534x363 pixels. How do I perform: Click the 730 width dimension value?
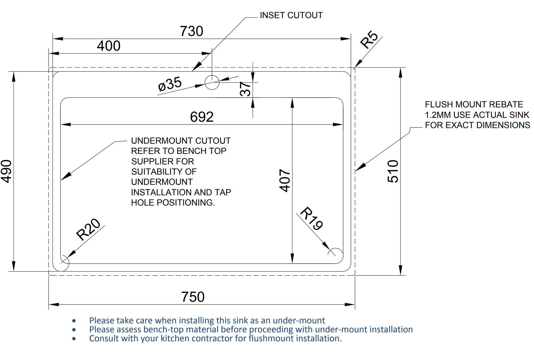point(191,31)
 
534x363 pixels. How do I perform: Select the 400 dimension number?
point(108,46)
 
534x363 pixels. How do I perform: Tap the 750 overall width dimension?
point(193,297)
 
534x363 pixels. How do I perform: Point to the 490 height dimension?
point(6,171)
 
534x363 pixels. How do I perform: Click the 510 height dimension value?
point(393,171)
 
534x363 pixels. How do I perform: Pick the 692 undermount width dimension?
point(202,117)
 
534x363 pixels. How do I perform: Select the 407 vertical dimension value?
point(284,180)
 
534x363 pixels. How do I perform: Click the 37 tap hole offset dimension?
point(245,89)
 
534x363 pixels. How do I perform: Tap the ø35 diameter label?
point(170,84)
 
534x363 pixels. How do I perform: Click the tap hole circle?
point(212,82)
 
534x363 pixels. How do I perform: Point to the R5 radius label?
point(369,39)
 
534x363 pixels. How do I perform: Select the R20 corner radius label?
point(88,229)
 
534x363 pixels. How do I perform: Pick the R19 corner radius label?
point(312,218)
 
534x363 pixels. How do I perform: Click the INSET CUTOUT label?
point(291,15)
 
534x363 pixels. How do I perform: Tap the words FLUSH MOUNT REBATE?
point(474,104)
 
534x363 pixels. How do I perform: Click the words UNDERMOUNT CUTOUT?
point(181,141)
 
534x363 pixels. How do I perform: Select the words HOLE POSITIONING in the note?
point(173,202)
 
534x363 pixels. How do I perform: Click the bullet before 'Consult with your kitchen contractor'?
point(74,339)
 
